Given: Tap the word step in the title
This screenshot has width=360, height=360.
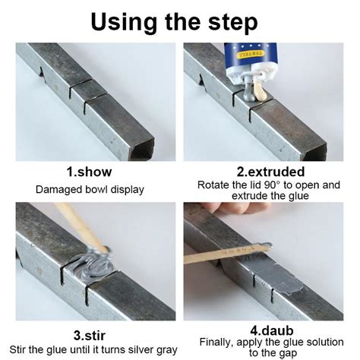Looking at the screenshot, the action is [x=233, y=23].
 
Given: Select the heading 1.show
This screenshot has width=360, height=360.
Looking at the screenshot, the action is [x=89, y=172].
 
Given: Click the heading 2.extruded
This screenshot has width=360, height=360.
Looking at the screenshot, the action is [x=270, y=172].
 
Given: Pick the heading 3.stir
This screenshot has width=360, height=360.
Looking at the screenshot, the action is [x=90, y=336].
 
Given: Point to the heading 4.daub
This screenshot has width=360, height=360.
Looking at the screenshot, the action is [x=272, y=330].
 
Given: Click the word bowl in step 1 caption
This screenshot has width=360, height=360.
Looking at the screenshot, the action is [x=96, y=189].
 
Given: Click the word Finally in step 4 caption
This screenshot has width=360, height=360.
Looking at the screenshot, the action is [x=216, y=343].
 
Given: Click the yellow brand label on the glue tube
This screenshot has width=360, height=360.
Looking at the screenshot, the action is [x=251, y=55].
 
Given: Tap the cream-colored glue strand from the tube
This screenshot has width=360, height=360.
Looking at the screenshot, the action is [x=259, y=88].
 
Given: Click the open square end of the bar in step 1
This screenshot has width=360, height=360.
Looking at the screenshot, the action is [x=143, y=150].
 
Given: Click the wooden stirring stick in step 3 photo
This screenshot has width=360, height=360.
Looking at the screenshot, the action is [x=81, y=227].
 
